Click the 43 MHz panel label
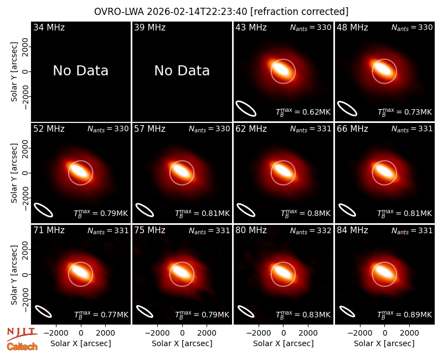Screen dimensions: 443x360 click(x=251, y=27)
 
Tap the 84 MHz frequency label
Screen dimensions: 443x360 click(x=352, y=230)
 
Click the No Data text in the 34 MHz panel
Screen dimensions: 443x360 click(x=80, y=71)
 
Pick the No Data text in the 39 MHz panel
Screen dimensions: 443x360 click(x=182, y=71)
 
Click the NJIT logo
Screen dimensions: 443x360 click(x=22, y=333)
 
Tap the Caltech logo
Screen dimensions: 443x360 click(x=22, y=347)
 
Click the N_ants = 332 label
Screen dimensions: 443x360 click(x=311, y=230)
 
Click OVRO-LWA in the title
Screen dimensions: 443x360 click(x=119, y=12)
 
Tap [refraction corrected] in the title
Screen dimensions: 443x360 click(x=299, y=12)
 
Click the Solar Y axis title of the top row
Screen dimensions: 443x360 click(x=14, y=72)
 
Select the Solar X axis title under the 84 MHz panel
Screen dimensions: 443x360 click(x=384, y=343)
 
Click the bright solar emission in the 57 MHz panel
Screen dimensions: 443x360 click(x=182, y=171)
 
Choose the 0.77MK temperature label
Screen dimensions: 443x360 click(x=101, y=315)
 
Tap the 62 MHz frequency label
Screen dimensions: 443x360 click(x=251, y=129)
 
